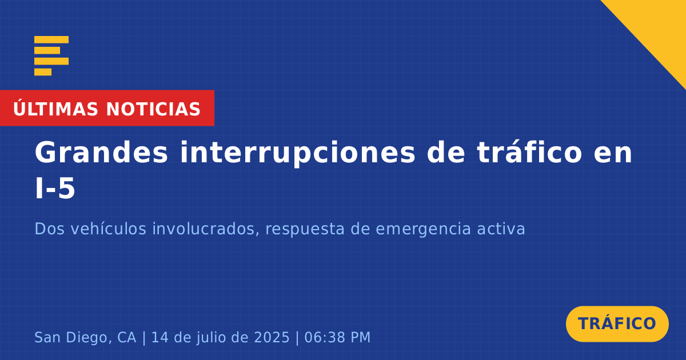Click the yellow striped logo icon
51,56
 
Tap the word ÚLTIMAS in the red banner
55,109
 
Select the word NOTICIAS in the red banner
153,109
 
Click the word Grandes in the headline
101,152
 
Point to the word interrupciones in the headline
297,153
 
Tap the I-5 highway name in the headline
55,189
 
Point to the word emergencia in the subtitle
423,230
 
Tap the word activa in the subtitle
501,229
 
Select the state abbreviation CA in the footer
126,337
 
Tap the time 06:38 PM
337,337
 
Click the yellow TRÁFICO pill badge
617,324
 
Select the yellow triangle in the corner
659,27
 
